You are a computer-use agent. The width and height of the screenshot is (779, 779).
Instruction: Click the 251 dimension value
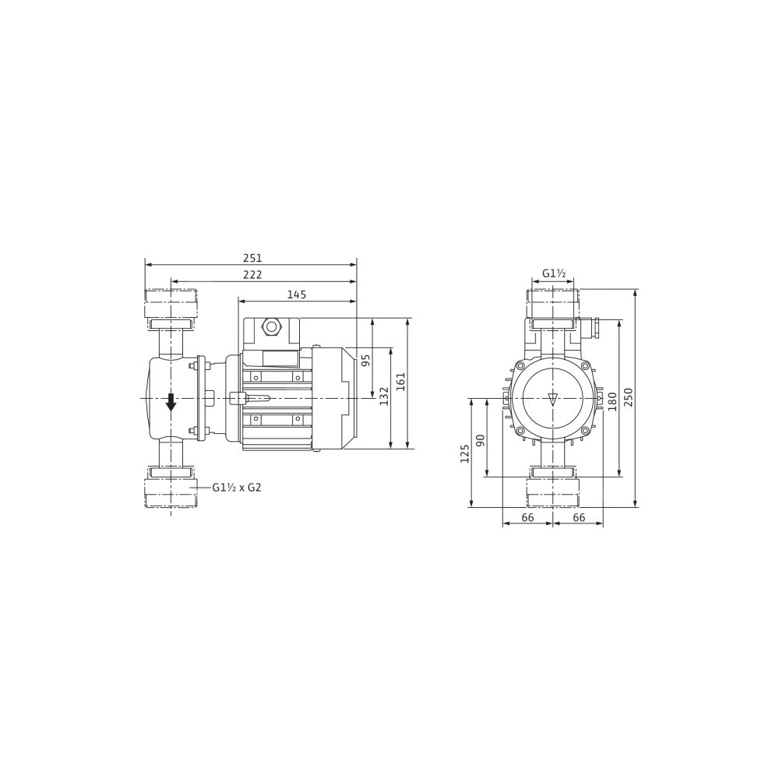point(252,259)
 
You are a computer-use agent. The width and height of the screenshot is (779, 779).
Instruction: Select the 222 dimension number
point(252,275)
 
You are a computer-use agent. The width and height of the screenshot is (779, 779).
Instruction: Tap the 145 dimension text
point(297,294)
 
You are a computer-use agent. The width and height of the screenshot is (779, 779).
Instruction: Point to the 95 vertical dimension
point(366,360)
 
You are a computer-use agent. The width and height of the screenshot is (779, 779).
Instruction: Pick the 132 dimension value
point(384,382)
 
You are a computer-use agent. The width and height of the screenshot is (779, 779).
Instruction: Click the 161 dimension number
point(401,382)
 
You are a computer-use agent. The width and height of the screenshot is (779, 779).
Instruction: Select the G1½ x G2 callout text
point(237,488)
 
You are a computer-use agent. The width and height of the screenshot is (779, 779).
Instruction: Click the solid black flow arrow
point(171,401)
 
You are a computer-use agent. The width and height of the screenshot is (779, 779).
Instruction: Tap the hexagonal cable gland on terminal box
point(271,326)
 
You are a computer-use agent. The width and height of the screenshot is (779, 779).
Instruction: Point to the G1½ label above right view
point(554,273)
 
